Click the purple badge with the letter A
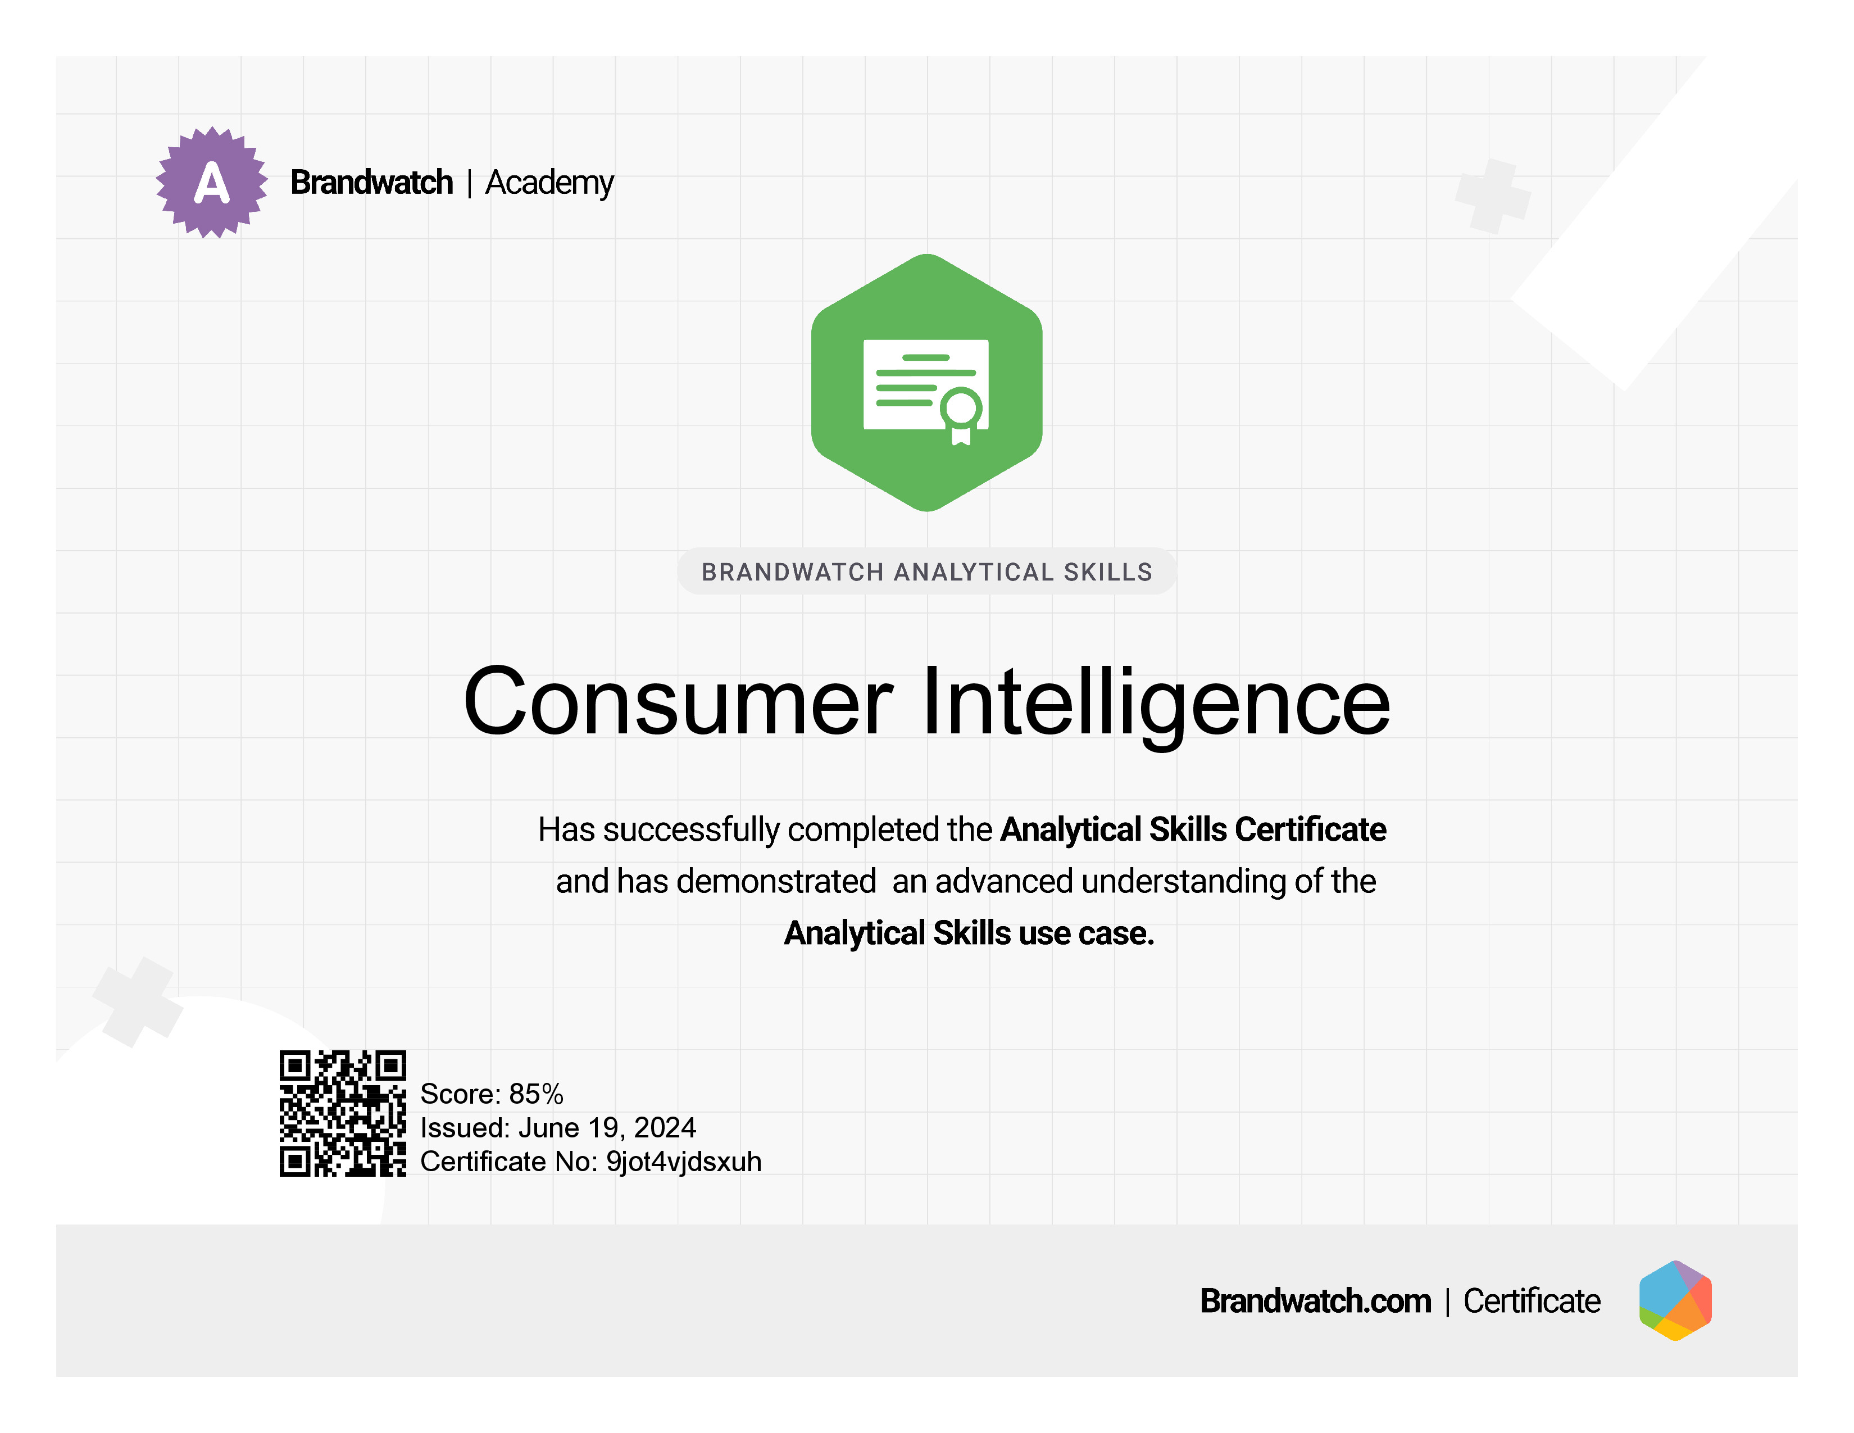point(211,183)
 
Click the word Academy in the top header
point(549,183)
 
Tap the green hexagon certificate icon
point(927,383)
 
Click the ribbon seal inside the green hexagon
point(961,416)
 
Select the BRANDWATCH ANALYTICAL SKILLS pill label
point(927,572)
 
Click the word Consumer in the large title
point(678,701)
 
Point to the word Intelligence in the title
point(1156,705)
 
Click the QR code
point(343,1113)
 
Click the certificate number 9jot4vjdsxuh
point(683,1162)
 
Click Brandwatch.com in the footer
point(1315,1300)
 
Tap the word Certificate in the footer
point(1532,1300)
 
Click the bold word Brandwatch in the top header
point(372,183)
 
